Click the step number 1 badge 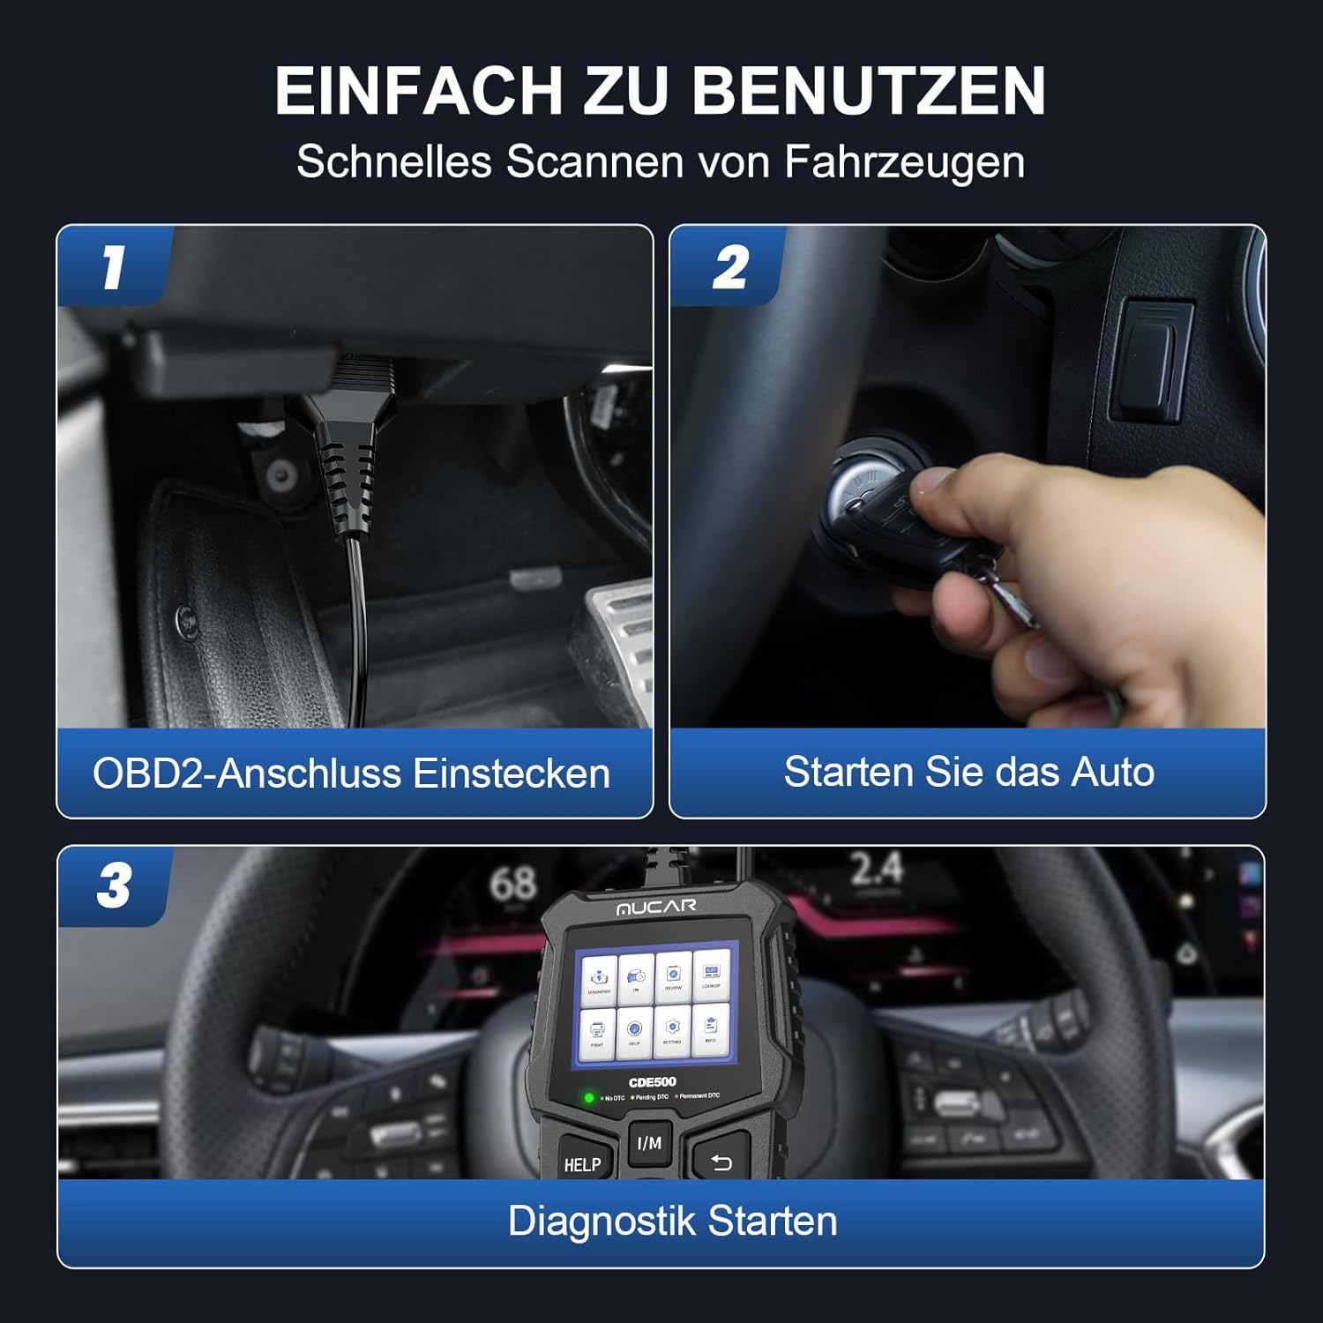coord(113,267)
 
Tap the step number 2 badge coord(729,267)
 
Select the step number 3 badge coord(114,886)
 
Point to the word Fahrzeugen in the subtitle coord(904,162)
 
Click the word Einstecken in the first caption coord(511,774)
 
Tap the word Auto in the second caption coord(1111,772)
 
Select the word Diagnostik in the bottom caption coord(602,1222)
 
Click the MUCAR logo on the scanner coord(655,907)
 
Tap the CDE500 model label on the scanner coord(652,1082)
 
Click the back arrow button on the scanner coord(721,1163)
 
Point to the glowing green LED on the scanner coord(589,1098)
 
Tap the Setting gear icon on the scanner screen coord(672,1030)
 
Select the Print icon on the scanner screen coord(597,1030)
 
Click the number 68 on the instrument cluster coord(512,883)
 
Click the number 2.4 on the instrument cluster coord(876,870)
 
